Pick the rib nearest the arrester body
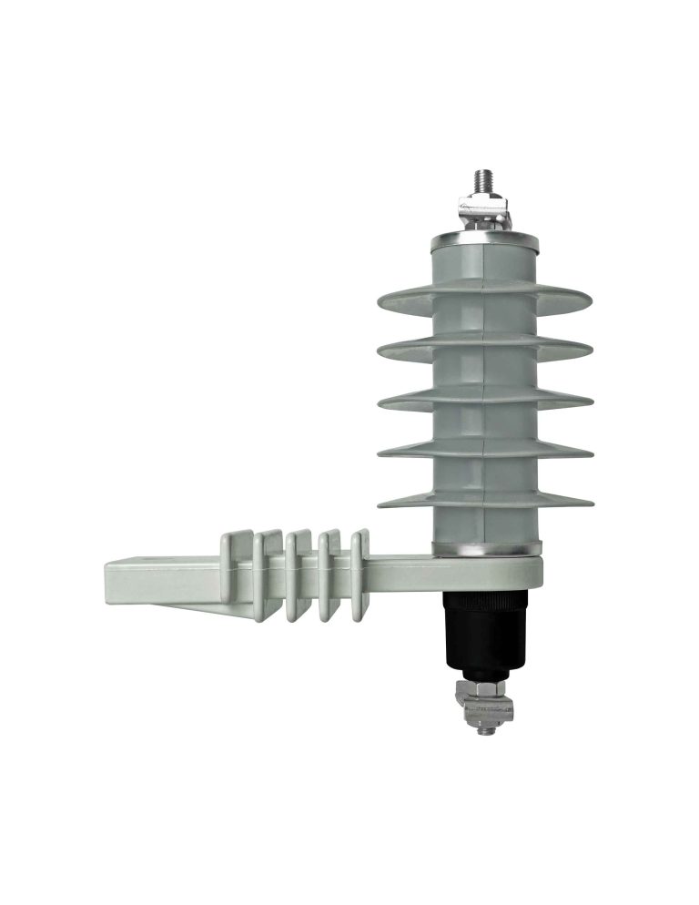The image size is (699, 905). point(359,575)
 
